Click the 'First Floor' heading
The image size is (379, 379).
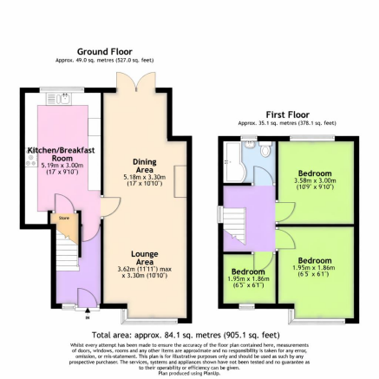point(287,114)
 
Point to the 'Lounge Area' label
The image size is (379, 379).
point(144,257)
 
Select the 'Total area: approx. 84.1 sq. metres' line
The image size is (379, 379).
point(186,334)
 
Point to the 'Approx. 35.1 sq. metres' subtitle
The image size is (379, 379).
point(287,123)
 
